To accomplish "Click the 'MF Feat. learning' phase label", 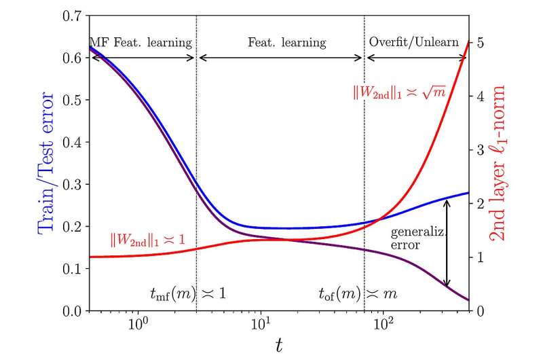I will tap(142, 43).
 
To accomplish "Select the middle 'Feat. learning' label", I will tap(280, 43).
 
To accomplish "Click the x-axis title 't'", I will tap(278, 346).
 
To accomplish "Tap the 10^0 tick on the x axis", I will tap(138, 325).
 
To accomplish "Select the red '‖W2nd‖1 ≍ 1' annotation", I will tap(150, 240).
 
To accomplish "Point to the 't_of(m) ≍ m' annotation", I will tap(359, 293).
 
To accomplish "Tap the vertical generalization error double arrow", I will tap(447, 242).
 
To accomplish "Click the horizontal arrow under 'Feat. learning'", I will tap(280, 58).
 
